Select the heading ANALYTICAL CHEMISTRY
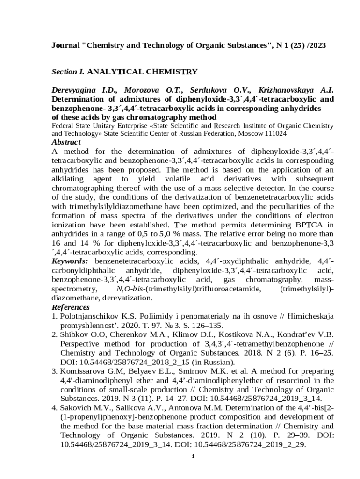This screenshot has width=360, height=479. pos(143,72)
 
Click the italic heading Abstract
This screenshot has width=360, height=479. pos(66,142)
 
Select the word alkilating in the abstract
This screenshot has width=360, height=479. pos(67,179)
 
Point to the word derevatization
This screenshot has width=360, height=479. pos(126,298)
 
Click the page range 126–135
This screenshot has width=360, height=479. pos(209,326)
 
